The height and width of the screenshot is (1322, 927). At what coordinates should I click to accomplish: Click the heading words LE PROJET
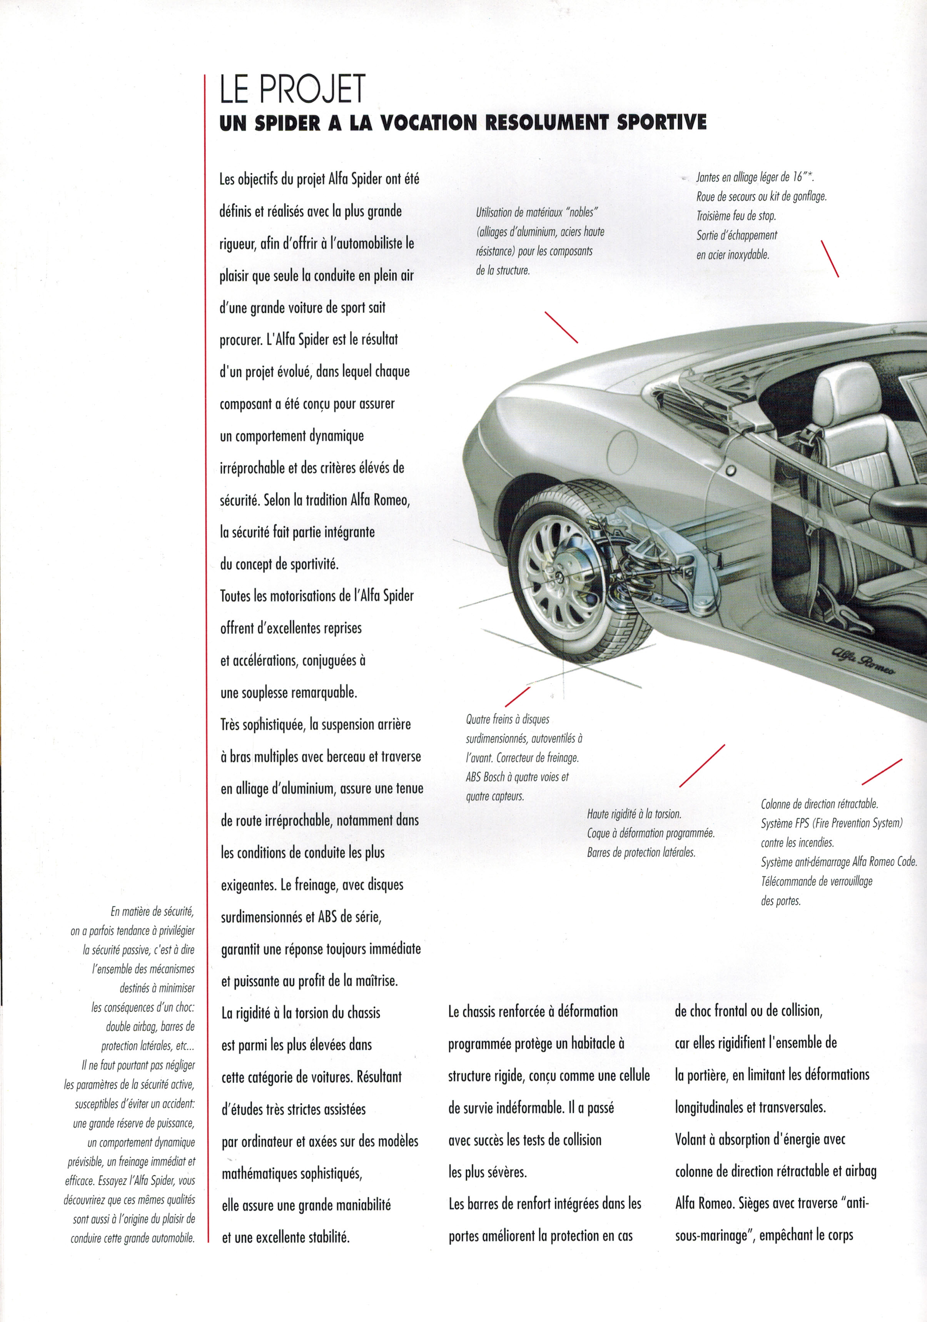[x=292, y=90]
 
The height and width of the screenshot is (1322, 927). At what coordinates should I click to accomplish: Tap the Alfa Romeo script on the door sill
[x=862, y=661]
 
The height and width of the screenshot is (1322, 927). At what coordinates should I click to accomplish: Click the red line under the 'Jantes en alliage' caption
[x=830, y=259]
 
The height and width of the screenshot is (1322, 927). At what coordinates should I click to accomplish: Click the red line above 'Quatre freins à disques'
[x=517, y=697]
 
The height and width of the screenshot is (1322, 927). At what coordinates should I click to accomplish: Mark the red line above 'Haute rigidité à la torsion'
[x=702, y=765]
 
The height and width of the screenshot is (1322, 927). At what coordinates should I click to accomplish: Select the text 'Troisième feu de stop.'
[x=736, y=216]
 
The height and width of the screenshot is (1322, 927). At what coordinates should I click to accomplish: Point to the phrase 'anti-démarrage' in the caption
[x=819, y=862]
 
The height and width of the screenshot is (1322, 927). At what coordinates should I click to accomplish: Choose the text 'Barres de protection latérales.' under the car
[x=641, y=852]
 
